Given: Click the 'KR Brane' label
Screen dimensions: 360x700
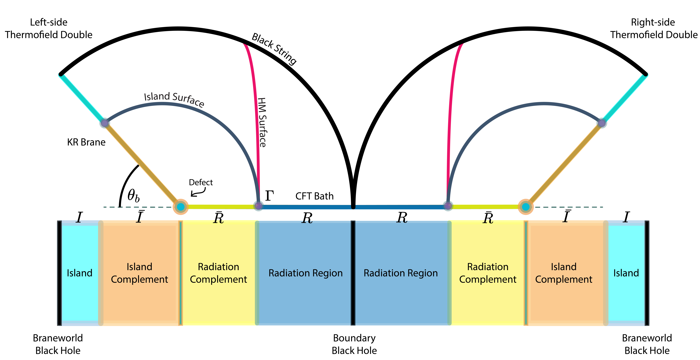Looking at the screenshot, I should [86, 142].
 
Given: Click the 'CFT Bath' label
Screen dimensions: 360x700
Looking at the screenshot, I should [314, 196].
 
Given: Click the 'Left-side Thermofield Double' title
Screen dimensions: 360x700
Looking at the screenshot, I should [49, 29].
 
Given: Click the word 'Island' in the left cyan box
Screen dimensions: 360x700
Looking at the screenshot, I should [80, 273].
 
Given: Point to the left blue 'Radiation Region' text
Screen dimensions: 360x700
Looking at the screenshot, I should [305, 273].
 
